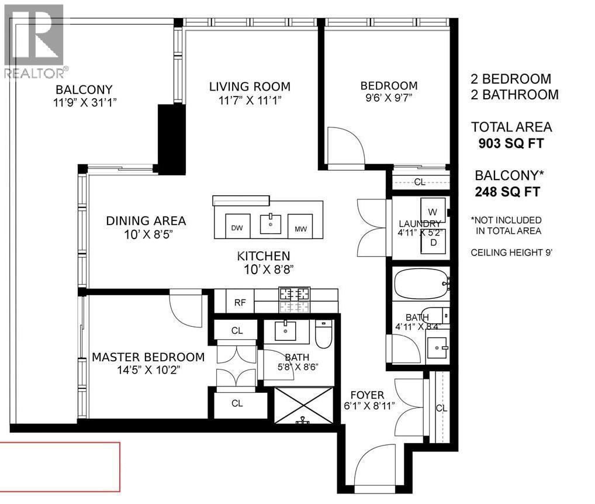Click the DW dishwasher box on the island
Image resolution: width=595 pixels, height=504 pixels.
coord(237,227)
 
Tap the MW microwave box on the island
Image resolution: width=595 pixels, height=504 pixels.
coord(300,227)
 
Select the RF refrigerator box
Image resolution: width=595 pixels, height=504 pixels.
coord(239,302)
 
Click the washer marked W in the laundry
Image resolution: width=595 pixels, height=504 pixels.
coord(433,210)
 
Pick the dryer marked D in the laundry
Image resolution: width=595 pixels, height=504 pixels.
coord(433,242)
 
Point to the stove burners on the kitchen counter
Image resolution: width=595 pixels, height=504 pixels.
coord(295,299)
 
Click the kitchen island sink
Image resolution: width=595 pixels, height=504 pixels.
coord(270,224)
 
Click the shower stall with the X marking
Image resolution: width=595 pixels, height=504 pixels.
coord(303,404)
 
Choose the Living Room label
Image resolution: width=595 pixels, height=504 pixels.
coord(250,87)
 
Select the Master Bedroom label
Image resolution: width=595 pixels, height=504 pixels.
coord(148,357)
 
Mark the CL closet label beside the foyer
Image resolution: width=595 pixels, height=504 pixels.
coord(441,408)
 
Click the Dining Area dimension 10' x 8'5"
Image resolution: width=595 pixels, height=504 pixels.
coord(146,234)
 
